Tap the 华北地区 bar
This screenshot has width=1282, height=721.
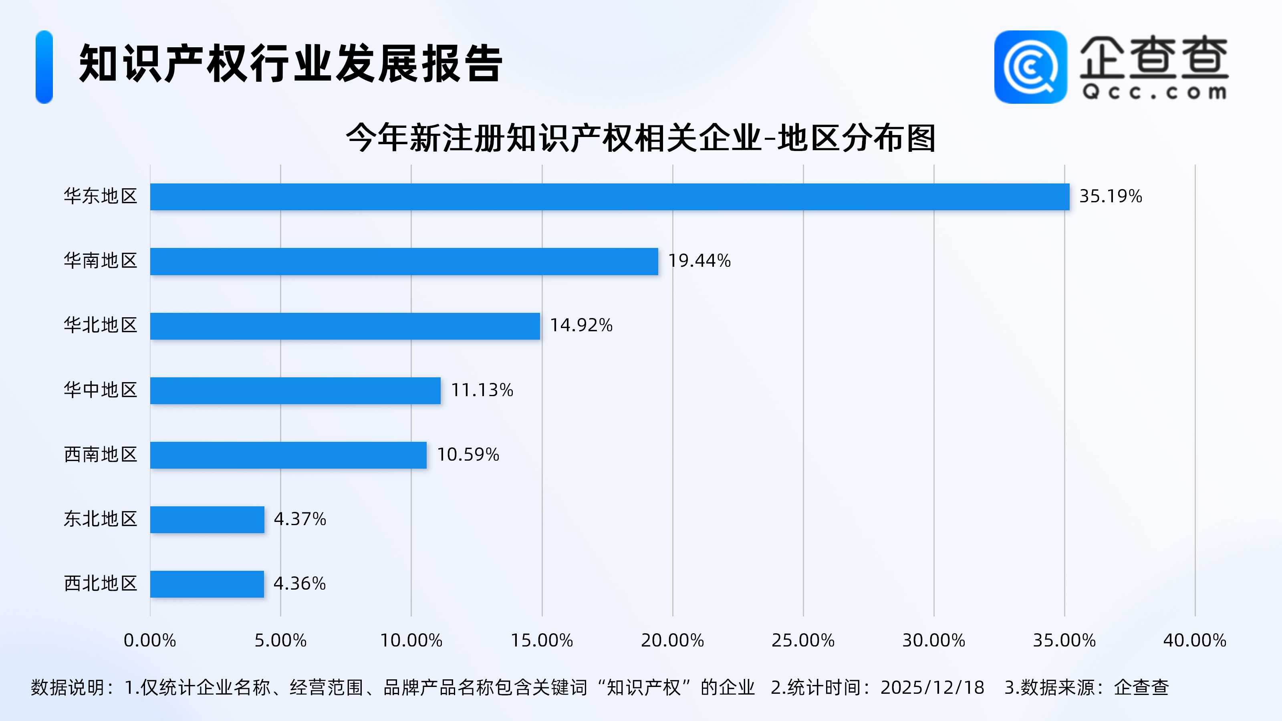[x=345, y=326]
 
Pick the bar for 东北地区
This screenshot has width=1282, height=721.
[x=207, y=520]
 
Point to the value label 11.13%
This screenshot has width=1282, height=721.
[x=482, y=390]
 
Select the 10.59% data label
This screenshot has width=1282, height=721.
[x=468, y=454]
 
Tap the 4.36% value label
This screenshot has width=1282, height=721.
[x=300, y=584]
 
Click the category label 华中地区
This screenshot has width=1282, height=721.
[x=101, y=390]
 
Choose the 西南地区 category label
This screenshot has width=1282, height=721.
[x=101, y=454]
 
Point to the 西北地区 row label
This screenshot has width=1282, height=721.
[x=101, y=584]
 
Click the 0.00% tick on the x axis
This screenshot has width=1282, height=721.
[x=150, y=640]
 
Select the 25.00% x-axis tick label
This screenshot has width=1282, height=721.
[x=803, y=640]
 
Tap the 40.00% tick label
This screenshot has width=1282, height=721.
[x=1194, y=640]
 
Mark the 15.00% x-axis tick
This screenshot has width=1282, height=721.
[x=542, y=640]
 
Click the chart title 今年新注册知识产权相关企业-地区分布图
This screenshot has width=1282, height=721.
[x=641, y=138]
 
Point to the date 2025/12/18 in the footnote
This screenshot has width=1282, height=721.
[x=932, y=688]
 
